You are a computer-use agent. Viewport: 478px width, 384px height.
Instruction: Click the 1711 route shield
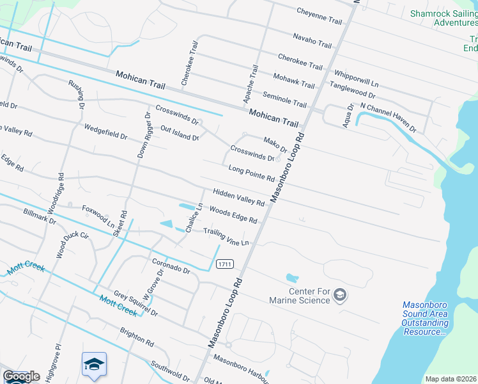pos(224,264)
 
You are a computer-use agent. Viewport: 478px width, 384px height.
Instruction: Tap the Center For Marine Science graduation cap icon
pos(341,294)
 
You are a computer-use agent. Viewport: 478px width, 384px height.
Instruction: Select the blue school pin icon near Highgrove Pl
pos(94,365)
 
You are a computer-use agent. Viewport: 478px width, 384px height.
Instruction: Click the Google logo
pos(21,376)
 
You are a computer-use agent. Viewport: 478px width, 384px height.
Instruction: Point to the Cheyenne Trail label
pos(320,16)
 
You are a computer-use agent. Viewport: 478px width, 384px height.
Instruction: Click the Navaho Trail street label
pos(312,41)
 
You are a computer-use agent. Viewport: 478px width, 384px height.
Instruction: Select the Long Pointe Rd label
pos(251,173)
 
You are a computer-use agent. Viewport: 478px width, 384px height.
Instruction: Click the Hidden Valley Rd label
pos(238,198)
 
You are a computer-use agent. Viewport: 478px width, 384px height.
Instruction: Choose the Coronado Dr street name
pos(171,266)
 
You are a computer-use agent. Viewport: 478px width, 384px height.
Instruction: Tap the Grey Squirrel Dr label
pos(135,303)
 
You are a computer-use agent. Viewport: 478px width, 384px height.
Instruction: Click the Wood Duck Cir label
pos(72,244)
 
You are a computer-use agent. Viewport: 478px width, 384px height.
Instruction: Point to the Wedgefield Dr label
pos(105,132)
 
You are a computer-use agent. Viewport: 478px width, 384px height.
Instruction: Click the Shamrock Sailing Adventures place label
pos(443,17)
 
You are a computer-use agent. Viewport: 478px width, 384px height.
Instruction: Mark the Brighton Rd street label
pos(137,338)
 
